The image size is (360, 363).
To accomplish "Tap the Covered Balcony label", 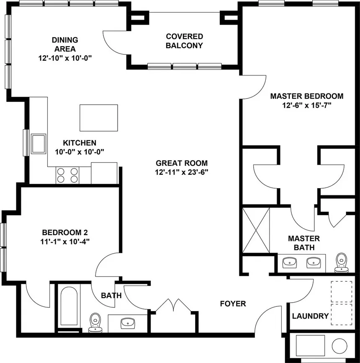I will click(184, 41).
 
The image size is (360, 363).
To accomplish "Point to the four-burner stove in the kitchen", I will click(67, 175).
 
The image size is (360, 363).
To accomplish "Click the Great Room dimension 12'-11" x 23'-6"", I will click(182, 171).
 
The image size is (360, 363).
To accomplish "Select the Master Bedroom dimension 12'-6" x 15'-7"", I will click(306, 105).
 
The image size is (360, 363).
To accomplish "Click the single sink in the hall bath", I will click(127, 323).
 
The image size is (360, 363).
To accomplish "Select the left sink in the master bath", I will click(290, 263).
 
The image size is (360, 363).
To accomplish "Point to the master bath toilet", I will click(342, 261).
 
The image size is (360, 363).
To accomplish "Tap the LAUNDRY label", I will click(310, 316).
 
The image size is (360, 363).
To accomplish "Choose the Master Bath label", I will click(304, 243).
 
